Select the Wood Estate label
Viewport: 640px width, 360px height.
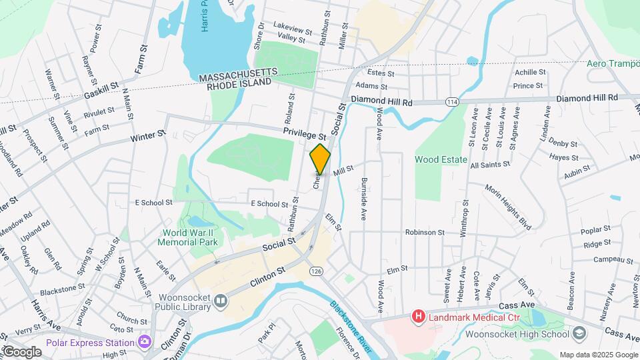coord(435,160)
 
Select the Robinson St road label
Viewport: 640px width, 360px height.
coord(425,232)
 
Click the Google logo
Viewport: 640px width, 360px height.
coord(21,351)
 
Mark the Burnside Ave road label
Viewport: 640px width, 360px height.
coord(365,199)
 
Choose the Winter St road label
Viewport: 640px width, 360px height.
coord(147,136)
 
